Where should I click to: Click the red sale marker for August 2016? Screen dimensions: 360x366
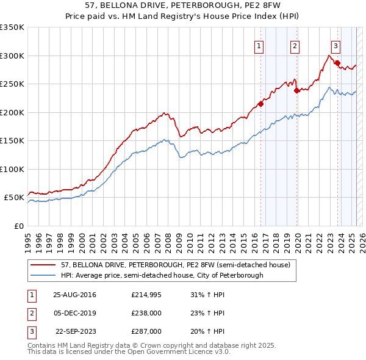(x=260, y=104)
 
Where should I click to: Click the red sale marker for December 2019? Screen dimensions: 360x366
(x=296, y=91)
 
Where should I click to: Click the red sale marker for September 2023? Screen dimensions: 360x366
(x=337, y=63)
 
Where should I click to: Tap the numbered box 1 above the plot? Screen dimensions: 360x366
(x=259, y=46)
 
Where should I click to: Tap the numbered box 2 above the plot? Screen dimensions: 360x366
(x=295, y=46)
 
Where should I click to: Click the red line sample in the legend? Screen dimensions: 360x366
(x=44, y=265)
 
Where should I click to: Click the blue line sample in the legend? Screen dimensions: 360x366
(x=44, y=275)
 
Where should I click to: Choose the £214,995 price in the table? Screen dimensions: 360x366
(x=146, y=295)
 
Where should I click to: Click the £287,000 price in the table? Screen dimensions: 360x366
(x=146, y=331)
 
